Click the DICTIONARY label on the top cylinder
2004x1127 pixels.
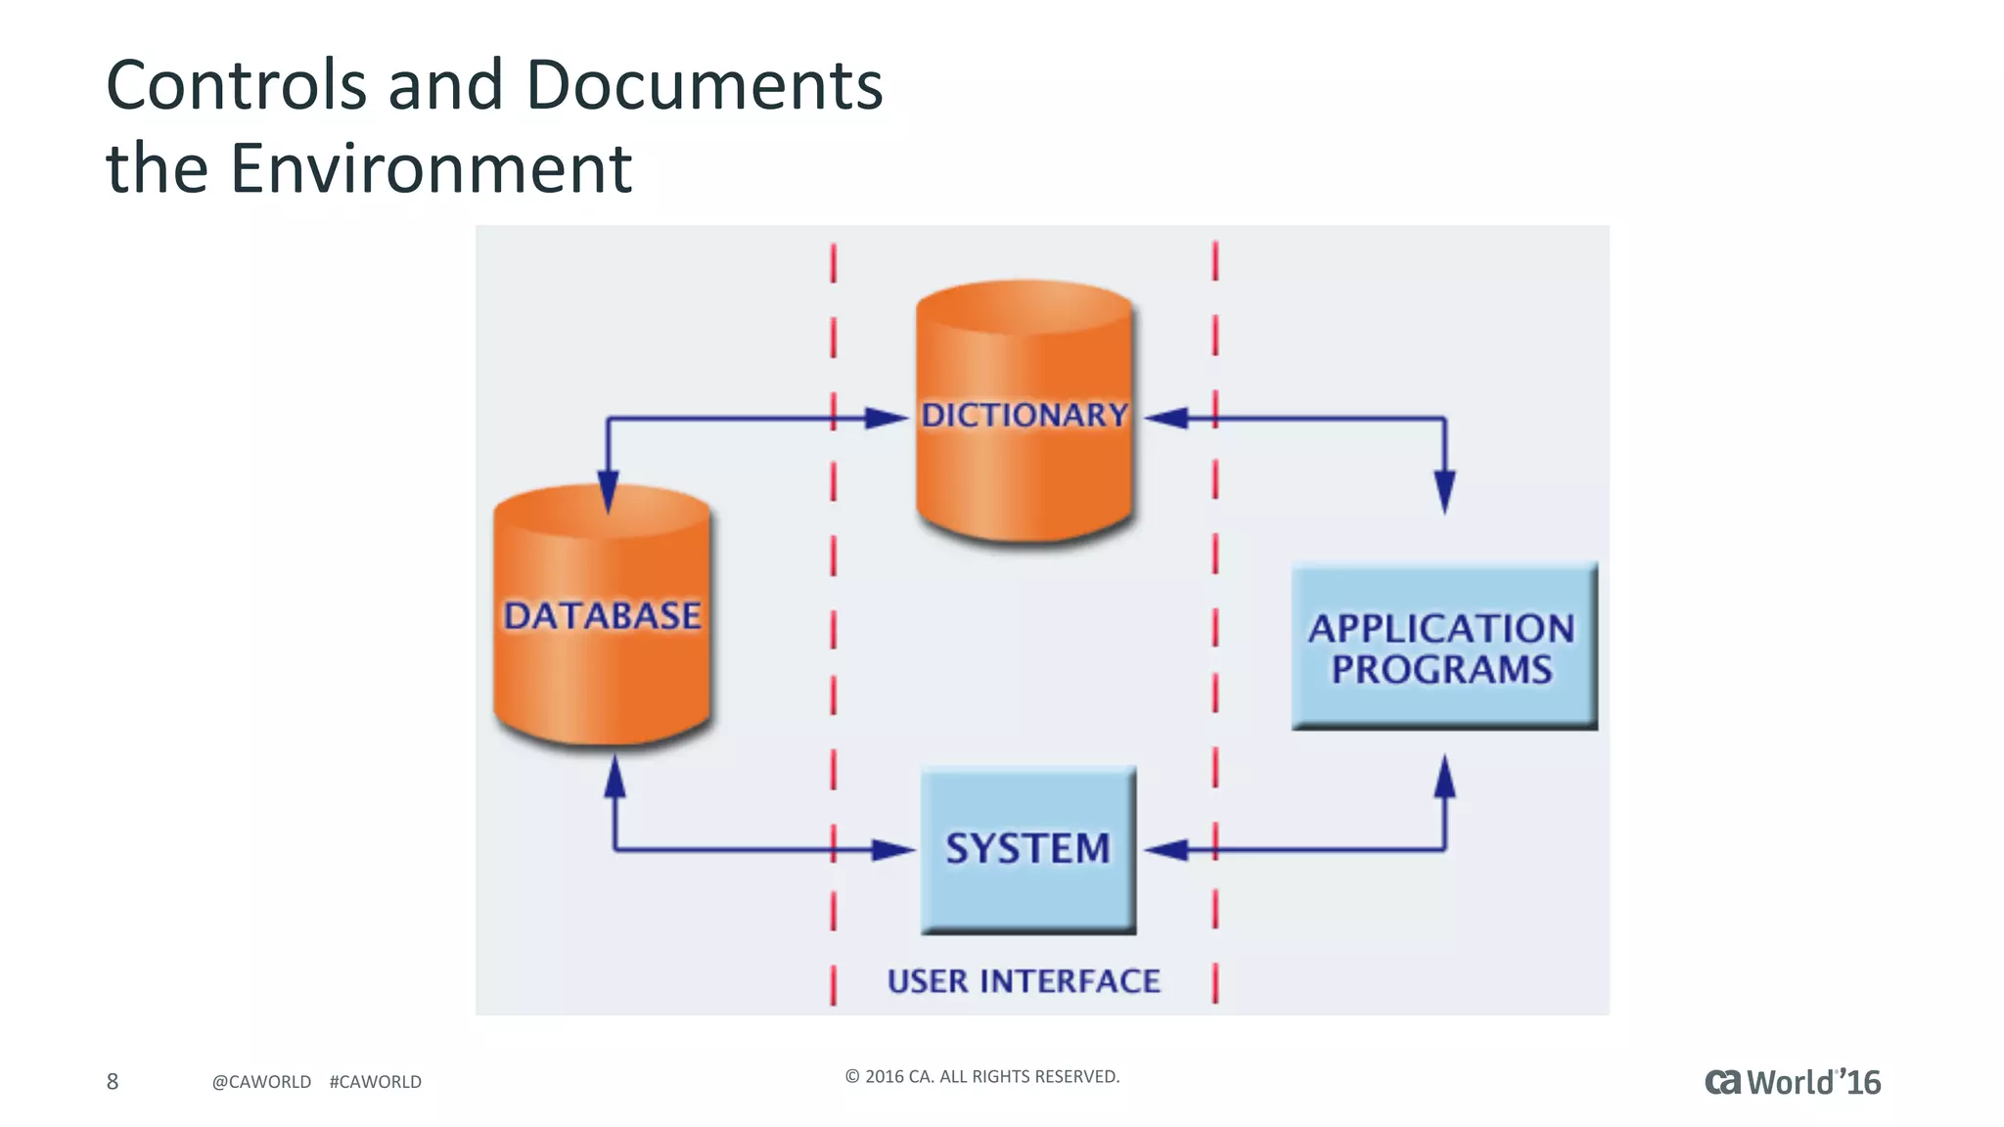[x=1024, y=415]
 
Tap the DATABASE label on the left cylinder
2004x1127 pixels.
[x=602, y=616]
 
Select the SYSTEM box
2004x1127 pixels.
[x=1027, y=848]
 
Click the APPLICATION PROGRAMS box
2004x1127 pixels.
[x=1442, y=648]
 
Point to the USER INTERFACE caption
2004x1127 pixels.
[x=1024, y=981]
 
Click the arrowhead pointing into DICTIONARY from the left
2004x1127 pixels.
[x=887, y=419]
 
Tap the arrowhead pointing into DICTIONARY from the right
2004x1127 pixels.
[x=1167, y=419]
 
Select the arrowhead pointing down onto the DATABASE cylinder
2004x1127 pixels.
[x=608, y=490]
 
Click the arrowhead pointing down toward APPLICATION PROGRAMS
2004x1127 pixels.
[x=1444, y=490]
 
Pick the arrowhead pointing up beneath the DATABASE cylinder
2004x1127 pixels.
[x=615, y=779]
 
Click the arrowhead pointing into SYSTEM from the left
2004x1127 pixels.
[x=891, y=849]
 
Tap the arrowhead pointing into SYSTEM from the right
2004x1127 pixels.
[x=1167, y=849]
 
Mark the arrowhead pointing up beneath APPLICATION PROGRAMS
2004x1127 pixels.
[x=1444, y=778]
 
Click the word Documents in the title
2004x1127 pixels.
[x=704, y=85]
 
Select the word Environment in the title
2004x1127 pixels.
[x=431, y=168]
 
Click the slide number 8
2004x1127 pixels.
[x=113, y=1081]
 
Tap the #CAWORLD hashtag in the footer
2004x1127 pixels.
[x=375, y=1082]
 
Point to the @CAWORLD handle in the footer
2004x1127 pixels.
[x=261, y=1082]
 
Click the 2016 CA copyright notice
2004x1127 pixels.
[x=981, y=1076]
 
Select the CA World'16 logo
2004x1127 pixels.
[x=1792, y=1082]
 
